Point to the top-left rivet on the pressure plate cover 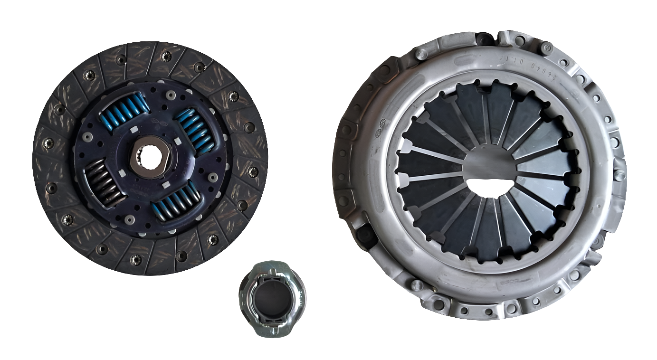420,54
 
